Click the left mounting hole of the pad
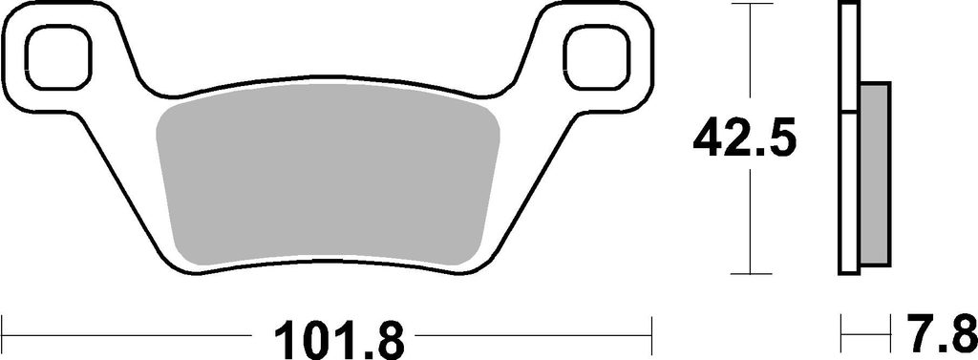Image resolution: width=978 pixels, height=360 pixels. [60, 60]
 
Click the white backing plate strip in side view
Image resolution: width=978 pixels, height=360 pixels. [849, 138]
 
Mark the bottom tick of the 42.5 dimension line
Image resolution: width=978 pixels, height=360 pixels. [751, 273]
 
